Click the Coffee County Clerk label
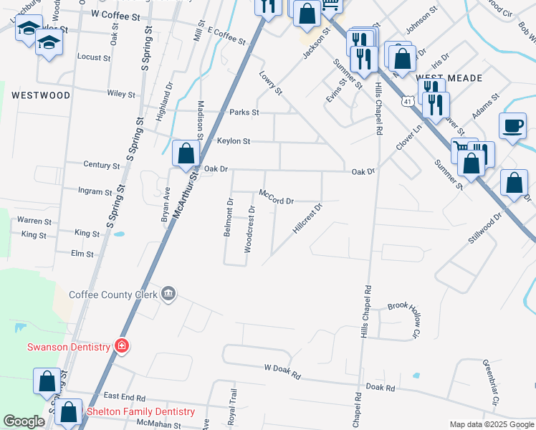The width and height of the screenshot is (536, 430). (x=113, y=294)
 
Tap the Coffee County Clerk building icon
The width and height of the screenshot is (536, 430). (x=169, y=294)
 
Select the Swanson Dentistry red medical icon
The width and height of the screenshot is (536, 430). (x=122, y=347)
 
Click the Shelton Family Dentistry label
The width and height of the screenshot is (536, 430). (x=140, y=412)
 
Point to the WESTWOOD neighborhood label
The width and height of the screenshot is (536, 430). (x=41, y=95)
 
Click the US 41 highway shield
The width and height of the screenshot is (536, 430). (x=408, y=102)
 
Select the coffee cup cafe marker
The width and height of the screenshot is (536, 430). (x=512, y=126)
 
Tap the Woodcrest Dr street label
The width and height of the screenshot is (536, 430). (x=251, y=229)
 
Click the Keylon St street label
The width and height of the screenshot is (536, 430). (x=234, y=142)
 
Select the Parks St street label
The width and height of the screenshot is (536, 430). (x=244, y=113)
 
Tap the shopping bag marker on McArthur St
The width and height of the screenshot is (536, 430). (x=186, y=155)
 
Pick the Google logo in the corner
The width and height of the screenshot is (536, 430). (x=24, y=421)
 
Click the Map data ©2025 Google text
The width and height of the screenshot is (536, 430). (x=491, y=424)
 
